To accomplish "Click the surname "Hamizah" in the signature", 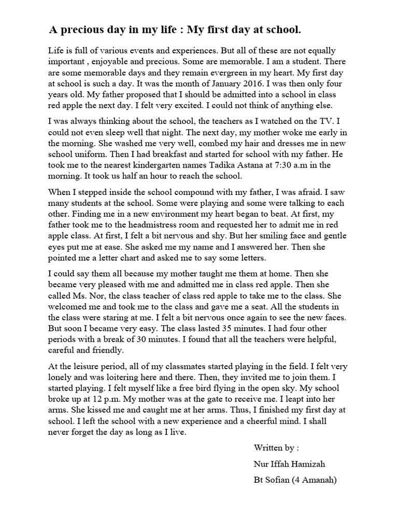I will (308, 464).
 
